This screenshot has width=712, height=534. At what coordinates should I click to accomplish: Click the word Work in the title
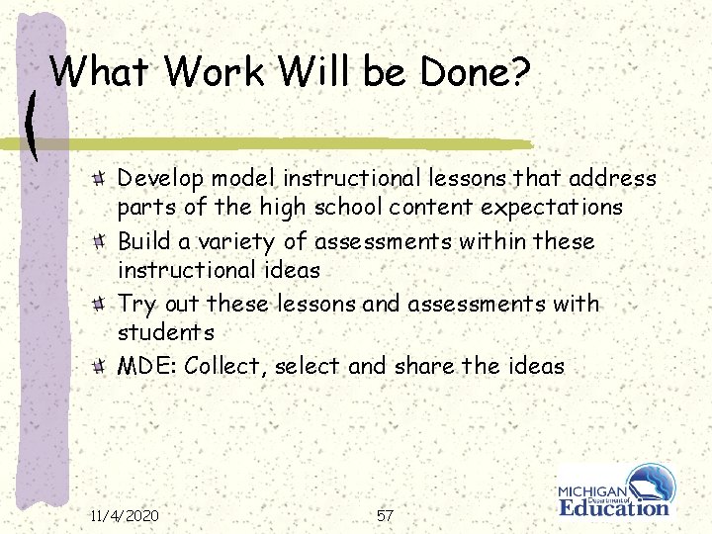point(217,71)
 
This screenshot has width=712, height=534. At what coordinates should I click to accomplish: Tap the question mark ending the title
point(521,71)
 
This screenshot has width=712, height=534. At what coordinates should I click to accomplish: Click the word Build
point(142,241)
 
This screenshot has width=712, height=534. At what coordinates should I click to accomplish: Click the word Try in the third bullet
point(134,305)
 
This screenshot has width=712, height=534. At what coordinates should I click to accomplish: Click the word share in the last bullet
point(424,366)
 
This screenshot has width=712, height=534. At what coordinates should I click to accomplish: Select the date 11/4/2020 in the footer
point(124,515)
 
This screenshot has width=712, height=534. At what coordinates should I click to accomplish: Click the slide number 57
point(385,515)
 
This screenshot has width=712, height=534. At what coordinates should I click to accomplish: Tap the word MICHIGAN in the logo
point(591,492)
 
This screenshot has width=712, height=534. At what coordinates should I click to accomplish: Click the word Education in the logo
point(614,507)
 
